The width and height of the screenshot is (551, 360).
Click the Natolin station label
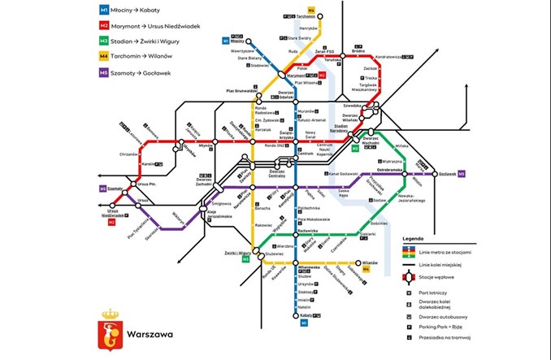coord(305,307)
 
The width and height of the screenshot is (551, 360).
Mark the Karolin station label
coord(148,163)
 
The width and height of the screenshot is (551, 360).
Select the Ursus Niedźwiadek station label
coord(112,213)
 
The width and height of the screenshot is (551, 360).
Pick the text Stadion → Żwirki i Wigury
coord(148,41)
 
